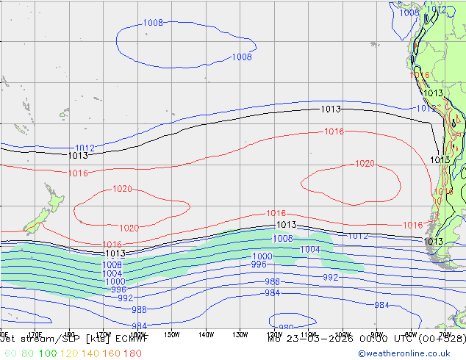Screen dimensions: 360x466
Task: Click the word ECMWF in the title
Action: (133, 339)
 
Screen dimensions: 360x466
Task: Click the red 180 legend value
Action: (133, 353)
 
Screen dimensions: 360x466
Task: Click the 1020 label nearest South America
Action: (365, 164)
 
